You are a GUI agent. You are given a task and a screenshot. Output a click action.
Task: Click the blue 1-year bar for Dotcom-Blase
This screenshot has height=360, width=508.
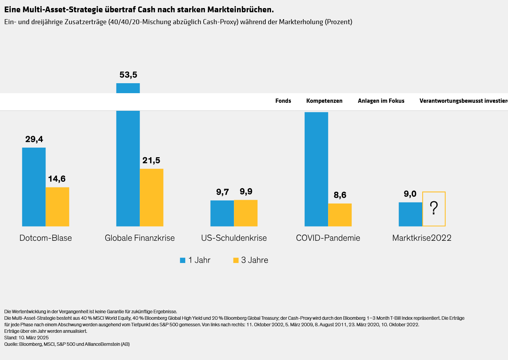pos(34,187)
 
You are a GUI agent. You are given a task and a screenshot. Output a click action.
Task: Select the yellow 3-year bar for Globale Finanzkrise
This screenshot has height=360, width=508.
pos(152,197)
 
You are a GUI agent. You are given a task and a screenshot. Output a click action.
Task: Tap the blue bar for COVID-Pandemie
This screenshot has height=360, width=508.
pos(316,169)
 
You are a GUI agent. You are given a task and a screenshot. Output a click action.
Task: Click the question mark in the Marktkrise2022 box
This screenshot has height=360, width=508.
pos(434,208)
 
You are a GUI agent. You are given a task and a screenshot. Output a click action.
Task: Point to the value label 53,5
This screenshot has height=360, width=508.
pos(128,75)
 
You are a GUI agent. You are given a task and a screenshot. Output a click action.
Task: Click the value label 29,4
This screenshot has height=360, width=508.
pos(34,139)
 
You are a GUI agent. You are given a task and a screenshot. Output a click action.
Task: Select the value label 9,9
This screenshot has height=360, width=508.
pos(246,191)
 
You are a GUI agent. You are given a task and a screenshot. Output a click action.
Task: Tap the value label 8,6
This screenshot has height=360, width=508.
pos(340,195)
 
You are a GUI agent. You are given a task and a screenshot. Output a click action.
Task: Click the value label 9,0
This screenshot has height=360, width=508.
pos(410,194)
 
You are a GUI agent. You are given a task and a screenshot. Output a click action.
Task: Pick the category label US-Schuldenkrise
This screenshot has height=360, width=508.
pos(234,238)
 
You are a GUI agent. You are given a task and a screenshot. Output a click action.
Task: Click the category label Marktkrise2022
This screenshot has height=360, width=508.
pos(422,238)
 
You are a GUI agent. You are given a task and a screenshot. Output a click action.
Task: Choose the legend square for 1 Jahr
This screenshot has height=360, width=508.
pos(183,260)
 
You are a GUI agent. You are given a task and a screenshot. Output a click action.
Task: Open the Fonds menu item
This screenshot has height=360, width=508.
pos(283,101)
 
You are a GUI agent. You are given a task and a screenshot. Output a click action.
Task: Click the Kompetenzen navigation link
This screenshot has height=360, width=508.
pos(324,101)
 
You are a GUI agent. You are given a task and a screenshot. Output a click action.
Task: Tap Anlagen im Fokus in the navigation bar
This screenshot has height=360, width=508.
pos(381,101)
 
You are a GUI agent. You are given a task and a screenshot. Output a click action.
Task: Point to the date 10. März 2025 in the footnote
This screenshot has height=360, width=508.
pos(34,338)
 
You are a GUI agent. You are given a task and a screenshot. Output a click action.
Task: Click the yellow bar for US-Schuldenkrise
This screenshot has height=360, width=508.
pos(246,213)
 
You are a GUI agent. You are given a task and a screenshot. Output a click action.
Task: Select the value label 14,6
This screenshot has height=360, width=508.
pos(57,179)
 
